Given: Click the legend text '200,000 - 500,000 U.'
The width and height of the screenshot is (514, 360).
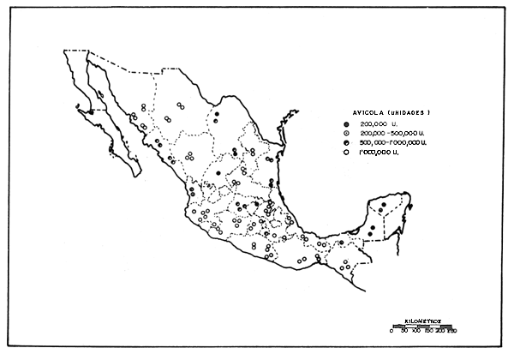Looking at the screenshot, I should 393,135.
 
